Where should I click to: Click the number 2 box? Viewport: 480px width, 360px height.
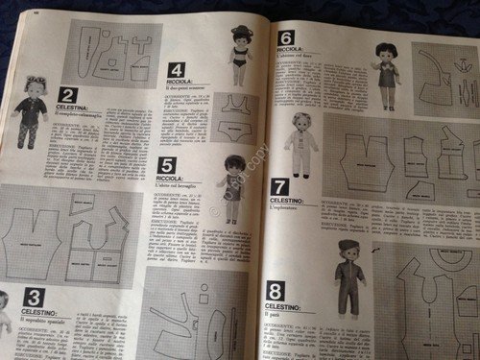pyautogui.click(x=67, y=94)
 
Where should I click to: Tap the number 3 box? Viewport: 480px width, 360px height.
pyautogui.click(x=33, y=297)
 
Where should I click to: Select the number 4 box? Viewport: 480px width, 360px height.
pyautogui.click(x=176, y=69)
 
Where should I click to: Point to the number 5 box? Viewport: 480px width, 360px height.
pyautogui.click(x=167, y=165)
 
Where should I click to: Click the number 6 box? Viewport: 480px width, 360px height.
pyautogui.click(x=286, y=38)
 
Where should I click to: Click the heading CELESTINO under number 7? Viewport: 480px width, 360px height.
pyautogui.click(x=291, y=201)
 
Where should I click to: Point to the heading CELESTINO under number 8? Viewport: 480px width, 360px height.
pyautogui.click(x=287, y=305)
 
